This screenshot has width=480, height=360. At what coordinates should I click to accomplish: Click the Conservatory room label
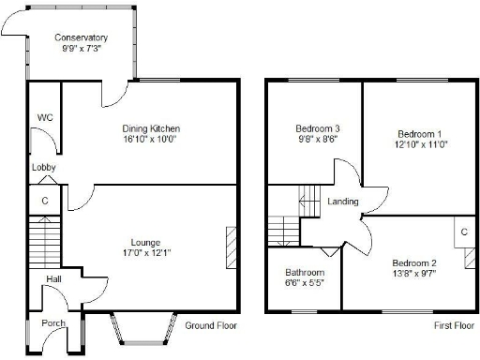click(81, 37)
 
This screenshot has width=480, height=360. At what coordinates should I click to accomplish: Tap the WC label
click(44, 117)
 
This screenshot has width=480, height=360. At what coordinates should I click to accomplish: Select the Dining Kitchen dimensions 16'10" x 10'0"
click(150, 139)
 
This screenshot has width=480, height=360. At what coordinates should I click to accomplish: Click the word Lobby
click(44, 168)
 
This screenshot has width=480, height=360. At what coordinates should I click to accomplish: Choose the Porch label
click(53, 323)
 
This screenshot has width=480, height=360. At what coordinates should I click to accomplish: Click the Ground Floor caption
click(210, 326)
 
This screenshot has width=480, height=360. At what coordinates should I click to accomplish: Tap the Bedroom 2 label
click(413, 262)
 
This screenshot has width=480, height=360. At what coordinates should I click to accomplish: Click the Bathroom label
click(303, 273)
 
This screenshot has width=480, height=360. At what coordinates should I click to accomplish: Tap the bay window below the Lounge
click(143, 328)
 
